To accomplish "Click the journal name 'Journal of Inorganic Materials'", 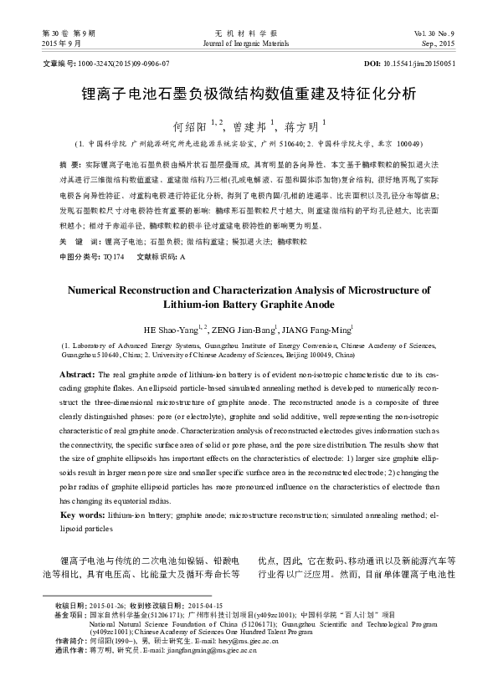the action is (249, 42).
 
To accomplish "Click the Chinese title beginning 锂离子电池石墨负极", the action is (249, 95).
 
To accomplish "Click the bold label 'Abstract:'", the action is (84, 374).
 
